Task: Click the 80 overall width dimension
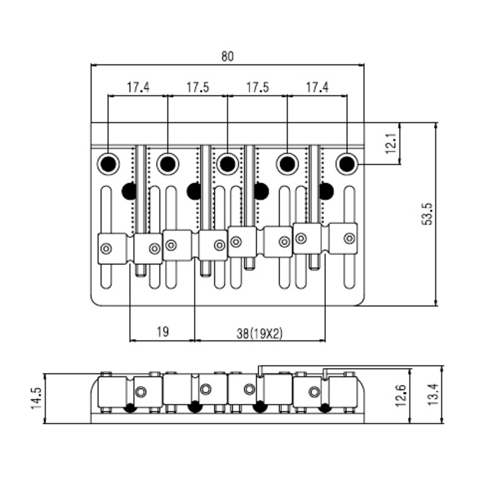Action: (228, 56)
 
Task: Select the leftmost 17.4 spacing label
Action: (139, 87)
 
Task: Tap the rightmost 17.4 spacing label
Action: (317, 87)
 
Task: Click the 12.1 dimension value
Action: (391, 143)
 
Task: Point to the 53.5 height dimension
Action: (427, 214)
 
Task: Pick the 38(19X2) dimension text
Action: (260, 334)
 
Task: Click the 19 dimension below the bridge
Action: (163, 332)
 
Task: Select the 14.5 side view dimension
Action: (36, 398)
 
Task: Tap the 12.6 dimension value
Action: (401, 396)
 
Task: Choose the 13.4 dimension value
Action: (434, 395)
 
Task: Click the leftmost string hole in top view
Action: (108, 164)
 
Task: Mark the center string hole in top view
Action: (228, 164)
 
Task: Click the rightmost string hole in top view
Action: (347, 164)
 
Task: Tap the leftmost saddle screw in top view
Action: (106, 248)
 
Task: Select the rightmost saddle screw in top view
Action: (349, 238)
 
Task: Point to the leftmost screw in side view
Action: (141, 392)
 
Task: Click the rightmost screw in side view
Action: (314, 392)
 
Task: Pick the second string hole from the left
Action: (168, 164)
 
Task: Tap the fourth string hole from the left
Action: (287, 164)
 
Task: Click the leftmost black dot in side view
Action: (130, 408)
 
